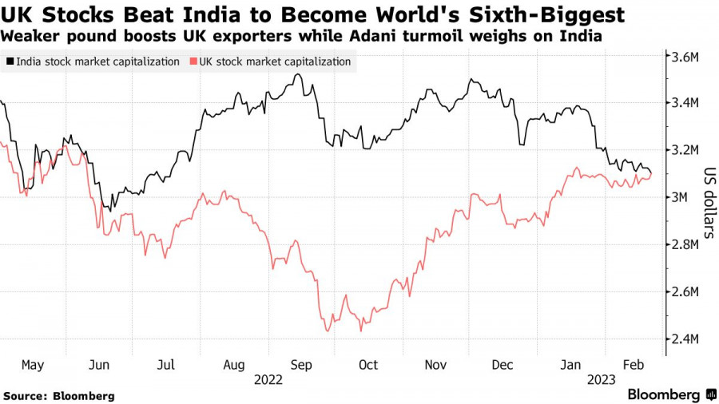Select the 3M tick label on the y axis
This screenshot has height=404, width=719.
[x=685, y=197]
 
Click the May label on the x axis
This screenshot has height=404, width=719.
[x=33, y=364]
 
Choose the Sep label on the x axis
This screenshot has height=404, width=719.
[x=301, y=364]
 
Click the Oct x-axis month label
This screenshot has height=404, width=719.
[x=368, y=364]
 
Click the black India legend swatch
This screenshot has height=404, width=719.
[x=10, y=61]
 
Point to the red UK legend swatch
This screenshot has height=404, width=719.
[x=193, y=61]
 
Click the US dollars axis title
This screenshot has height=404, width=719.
[x=708, y=203]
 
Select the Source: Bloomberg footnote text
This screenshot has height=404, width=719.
[x=59, y=395]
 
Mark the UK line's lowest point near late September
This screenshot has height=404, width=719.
[x=327, y=331]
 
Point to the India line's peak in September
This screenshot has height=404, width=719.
[x=298, y=74]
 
